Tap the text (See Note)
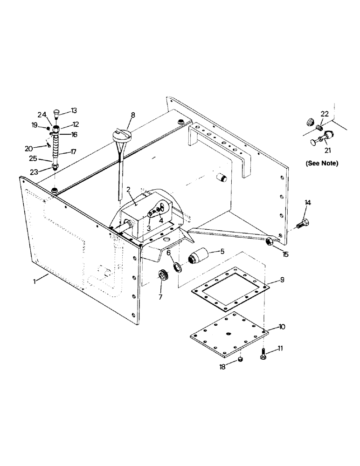[x=321, y=164]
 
